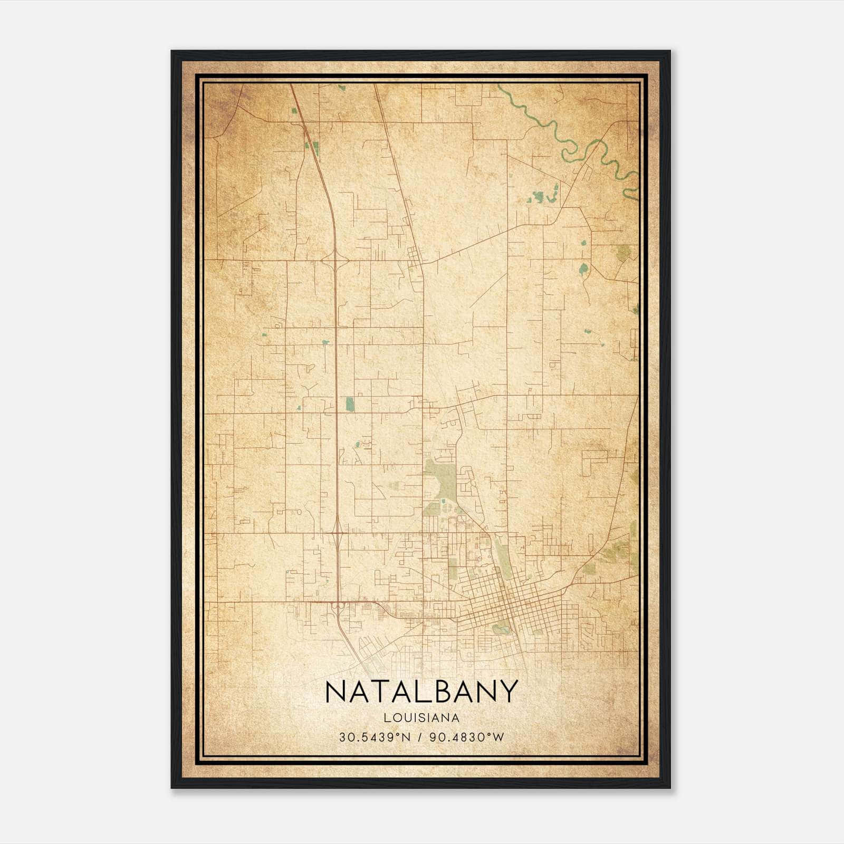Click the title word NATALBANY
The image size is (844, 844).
(421, 692)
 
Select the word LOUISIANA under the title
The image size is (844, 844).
(421, 718)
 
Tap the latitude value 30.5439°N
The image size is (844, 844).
(375, 737)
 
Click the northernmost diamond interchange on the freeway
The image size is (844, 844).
(334, 260)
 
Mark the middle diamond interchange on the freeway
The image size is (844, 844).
(337, 533)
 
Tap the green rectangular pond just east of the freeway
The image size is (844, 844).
(349, 404)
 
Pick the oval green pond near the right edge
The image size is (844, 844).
(583, 269)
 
